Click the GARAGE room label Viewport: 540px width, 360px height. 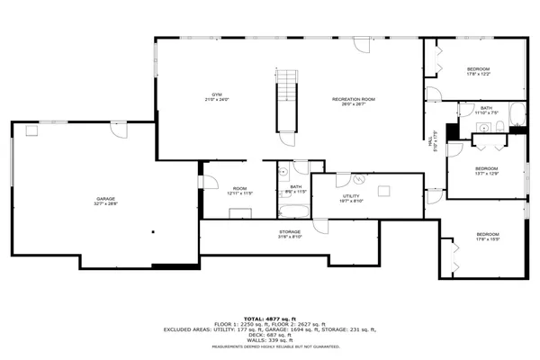(x=106, y=202)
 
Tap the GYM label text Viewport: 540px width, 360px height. (x=217, y=96)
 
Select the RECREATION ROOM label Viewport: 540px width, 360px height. (x=353, y=100)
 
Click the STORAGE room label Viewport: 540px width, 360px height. (x=289, y=234)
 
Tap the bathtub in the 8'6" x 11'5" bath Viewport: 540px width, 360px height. (x=293, y=212)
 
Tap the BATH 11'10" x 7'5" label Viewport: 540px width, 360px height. (x=486, y=111)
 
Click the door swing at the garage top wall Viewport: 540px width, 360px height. (x=117, y=130)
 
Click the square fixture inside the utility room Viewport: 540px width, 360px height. (x=384, y=189)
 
